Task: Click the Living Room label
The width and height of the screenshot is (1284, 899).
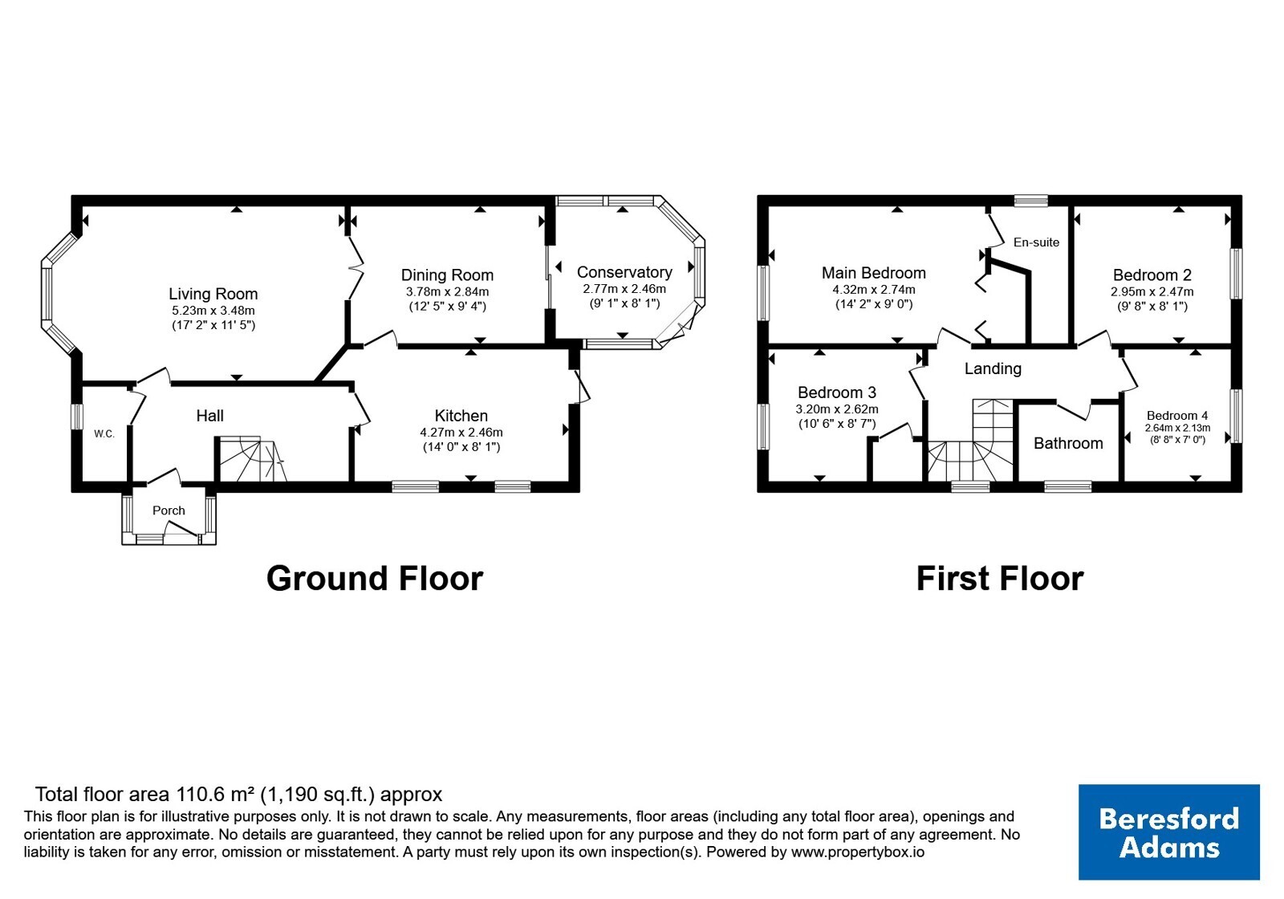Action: coord(213,294)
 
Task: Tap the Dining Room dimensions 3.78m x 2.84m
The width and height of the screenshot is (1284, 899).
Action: coord(447,292)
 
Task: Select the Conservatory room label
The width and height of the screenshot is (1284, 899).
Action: coord(624,272)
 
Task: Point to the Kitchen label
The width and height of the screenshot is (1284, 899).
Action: coord(461,416)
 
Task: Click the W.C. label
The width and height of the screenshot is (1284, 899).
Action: coord(104,434)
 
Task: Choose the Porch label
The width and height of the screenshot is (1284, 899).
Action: coord(169,511)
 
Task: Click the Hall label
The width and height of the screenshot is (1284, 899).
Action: coord(209,416)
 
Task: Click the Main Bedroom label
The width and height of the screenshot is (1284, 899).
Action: coord(874,273)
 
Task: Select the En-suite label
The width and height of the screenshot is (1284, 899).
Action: coord(1036,242)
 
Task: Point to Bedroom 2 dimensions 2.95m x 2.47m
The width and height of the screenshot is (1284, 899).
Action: coord(1152,292)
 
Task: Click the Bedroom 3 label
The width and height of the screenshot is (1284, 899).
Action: coord(837,393)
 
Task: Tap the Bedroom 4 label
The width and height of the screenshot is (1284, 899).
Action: coord(1177,416)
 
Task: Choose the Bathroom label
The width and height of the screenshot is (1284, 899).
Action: coord(1068,443)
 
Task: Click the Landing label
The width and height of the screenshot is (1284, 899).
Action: coord(993,368)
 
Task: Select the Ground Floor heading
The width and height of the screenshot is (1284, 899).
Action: coord(375,579)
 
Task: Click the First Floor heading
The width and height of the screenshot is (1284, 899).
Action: coord(1000,579)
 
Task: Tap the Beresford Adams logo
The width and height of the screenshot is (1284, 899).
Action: coord(1169,832)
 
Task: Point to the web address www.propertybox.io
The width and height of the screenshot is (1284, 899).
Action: coord(858,852)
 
